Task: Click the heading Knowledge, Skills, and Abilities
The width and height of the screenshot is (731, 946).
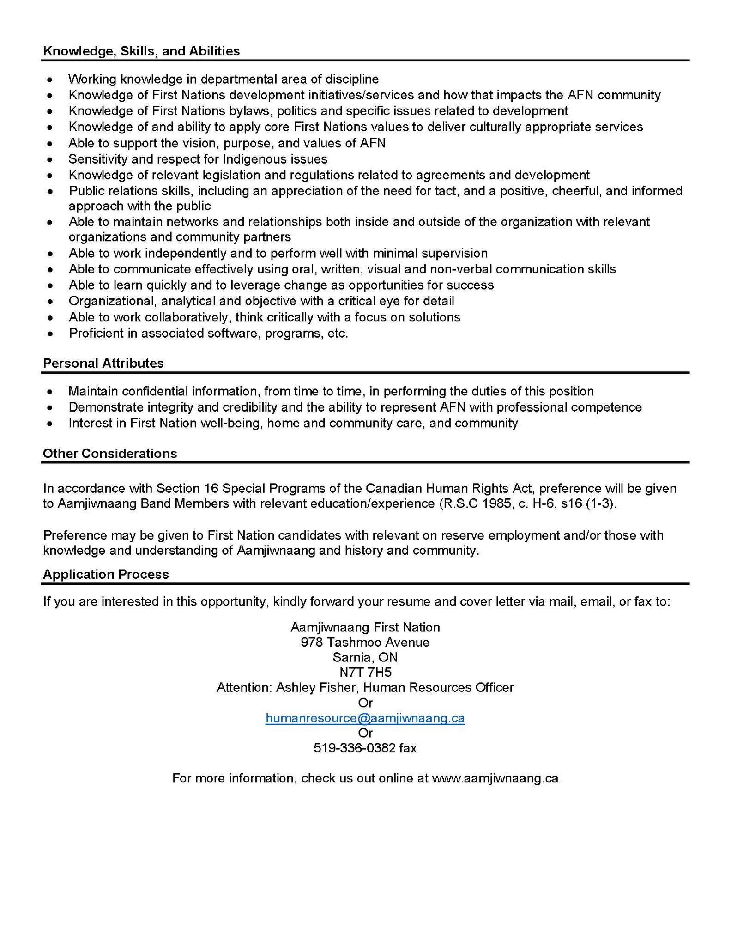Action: [141, 51]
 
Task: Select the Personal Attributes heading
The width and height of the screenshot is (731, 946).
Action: [103, 363]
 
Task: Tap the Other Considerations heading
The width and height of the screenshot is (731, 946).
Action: [110, 453]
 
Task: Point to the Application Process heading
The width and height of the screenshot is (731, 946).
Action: [106, 574]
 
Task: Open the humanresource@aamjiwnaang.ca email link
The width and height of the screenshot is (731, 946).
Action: [365, 718]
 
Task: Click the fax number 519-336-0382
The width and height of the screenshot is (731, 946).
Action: [355, 748]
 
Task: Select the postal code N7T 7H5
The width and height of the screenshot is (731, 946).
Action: [365, 673]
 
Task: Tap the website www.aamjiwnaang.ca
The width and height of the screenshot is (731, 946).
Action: [495, 778]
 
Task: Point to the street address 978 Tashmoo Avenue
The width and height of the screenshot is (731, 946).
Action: [365, 642]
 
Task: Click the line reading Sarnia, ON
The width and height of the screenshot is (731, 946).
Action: [365, 657]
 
